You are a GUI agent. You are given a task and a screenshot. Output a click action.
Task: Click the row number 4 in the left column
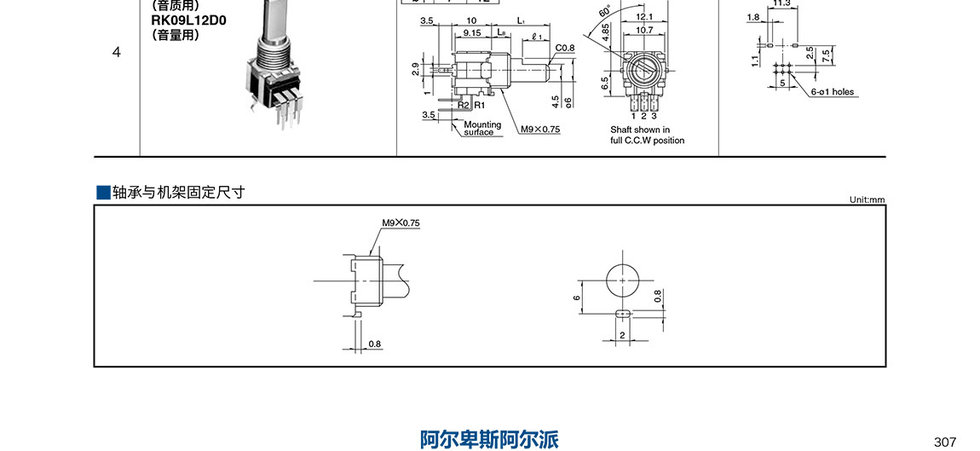point(116,52)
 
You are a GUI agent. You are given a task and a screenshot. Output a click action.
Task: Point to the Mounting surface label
point(482,129)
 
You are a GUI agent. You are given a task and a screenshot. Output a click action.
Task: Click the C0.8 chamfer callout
point(565,48)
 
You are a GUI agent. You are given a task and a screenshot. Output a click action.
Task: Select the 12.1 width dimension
point(644,16)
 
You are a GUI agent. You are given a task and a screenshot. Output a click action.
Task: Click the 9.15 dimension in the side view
point(471,32)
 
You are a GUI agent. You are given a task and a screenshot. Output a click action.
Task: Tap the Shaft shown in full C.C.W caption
point(647,136)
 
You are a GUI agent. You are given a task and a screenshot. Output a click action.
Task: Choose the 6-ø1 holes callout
point(832,92)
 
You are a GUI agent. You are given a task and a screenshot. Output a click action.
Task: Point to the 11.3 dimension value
point(781,3)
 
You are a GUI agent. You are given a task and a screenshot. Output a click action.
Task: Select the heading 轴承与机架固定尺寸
point(179,192)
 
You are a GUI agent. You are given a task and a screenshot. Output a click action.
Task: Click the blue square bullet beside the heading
point(103,192)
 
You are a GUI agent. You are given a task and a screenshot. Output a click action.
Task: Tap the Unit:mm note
point(867,199)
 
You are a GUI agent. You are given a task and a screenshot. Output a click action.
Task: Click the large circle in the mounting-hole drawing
point(623,279)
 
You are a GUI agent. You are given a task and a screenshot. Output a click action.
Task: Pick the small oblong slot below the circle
point(623,313)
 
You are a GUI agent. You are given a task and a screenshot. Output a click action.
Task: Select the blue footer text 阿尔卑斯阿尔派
point(490,439)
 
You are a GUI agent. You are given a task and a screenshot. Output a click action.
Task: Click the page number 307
point(945,442)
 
